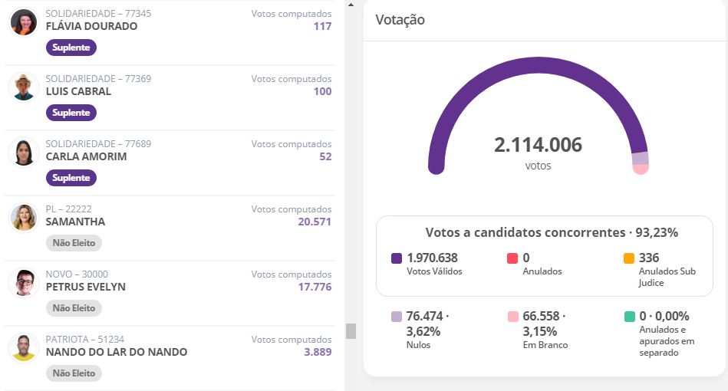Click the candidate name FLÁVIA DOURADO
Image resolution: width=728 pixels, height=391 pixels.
[91, 26]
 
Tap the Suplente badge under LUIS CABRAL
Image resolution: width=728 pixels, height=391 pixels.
[71, 113]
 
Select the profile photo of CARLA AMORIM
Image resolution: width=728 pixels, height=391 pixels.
[24, 152]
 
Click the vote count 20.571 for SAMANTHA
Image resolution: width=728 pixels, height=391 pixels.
[315, 222]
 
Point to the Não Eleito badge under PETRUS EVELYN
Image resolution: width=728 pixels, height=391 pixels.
[74, 308]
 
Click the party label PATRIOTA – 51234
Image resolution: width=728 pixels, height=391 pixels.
[85, 339]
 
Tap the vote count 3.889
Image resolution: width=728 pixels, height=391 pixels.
[318, 352]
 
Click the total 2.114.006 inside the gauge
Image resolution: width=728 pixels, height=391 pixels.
[538, 145]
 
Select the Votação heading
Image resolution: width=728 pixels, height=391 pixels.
[400, 19]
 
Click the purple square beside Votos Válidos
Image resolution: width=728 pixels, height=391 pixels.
[397, 258]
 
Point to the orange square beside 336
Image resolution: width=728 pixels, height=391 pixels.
[628, 258]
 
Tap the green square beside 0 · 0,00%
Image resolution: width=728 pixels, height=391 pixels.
[630, 317]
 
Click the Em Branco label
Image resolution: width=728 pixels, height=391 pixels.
[545, 345]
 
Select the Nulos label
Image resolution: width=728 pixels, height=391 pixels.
[418, 345]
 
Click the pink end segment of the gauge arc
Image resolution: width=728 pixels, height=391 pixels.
[641, 169]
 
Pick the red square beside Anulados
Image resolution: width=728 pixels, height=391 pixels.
[512, 258]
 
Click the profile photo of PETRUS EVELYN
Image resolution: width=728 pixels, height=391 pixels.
[24, 282]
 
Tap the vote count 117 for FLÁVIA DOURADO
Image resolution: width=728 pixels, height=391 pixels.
[323, 26]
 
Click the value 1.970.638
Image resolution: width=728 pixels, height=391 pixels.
[432, 258]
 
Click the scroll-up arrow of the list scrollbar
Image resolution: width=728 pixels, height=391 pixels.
[351, 5]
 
